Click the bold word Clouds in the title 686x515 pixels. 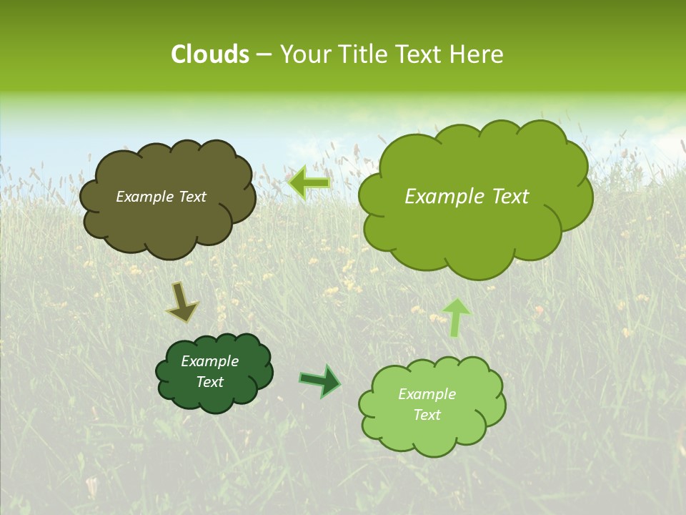coord(209,54)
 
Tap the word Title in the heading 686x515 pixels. coord(366,54)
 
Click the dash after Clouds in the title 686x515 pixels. coord(264,55)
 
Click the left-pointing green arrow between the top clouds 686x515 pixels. coord(309,182)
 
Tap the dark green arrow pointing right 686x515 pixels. coord(320,381)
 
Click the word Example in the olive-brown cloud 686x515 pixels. coord(144,197)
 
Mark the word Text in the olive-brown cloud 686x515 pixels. coord(191,197)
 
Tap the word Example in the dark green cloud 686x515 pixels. coord(209,361)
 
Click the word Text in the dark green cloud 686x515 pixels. coord(209,382)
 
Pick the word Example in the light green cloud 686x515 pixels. coord(427,394)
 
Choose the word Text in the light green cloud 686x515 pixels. coord(427,415)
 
